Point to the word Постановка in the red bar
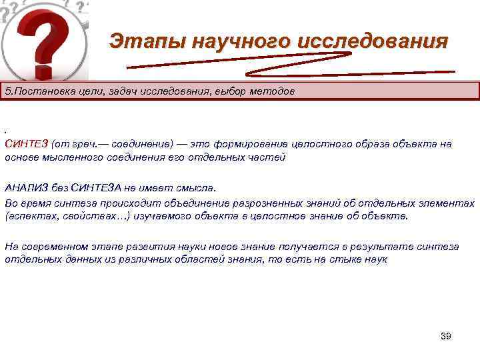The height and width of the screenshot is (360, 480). tap(41, 91)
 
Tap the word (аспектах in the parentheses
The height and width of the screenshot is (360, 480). tap(30, 217)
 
